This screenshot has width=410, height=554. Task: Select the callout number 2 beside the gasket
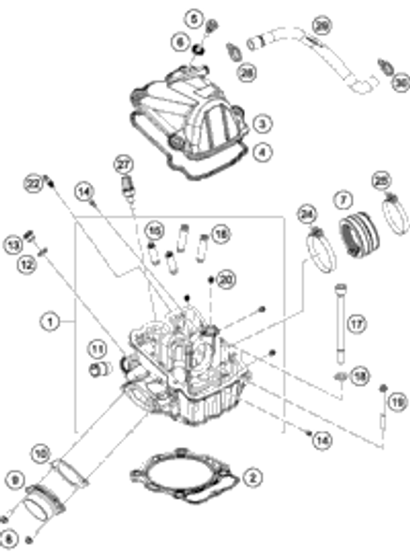251,477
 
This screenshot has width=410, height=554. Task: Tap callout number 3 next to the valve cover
263,123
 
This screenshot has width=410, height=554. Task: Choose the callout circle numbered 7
343,199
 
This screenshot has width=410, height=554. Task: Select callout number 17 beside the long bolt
357,324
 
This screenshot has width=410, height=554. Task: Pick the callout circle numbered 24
307,215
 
